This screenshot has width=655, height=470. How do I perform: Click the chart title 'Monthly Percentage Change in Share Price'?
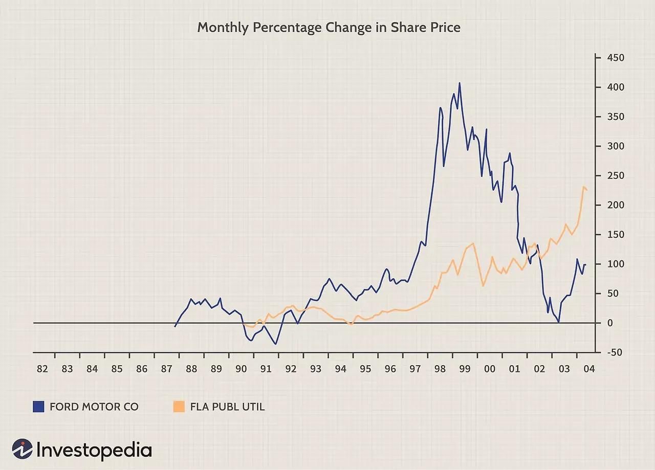pyautogui.click(x=329, y=27)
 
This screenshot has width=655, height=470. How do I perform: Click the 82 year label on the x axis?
pyautogui.click(x=42, y=369)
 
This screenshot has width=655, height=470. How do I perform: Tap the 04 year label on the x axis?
pyautogui.click(x=589, y=369)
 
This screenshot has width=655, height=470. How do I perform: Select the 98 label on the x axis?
pyautogui.click(x=440, y=369)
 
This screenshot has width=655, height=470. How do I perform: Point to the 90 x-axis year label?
pyautogui.click(x=241, y=369)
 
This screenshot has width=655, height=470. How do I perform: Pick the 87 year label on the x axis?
pyautogui.click(x=166, y=369)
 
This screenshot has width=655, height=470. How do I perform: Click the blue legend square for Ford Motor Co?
pyautogui.click(x=39, y=407)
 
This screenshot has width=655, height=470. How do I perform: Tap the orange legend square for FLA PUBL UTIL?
pyautogui.click(x=178, y=407)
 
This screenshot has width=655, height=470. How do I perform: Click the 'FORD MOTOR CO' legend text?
pyautogui.click(x=94, y=407)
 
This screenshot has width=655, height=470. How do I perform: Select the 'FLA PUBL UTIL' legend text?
pyautogui.click(x=227, y=407)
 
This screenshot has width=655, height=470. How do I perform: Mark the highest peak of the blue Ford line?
pyautogui.click(x=460, y=83)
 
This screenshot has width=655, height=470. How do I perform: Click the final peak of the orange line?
pyautogui.click(x=584, y=187)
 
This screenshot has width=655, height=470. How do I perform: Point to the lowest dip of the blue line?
pyautogui.click(x=276, y=344)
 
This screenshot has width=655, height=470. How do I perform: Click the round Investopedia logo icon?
pyautogui.click(x=22, y=450)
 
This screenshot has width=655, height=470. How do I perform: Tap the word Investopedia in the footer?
pyautogui.click(x=94, y=450)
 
